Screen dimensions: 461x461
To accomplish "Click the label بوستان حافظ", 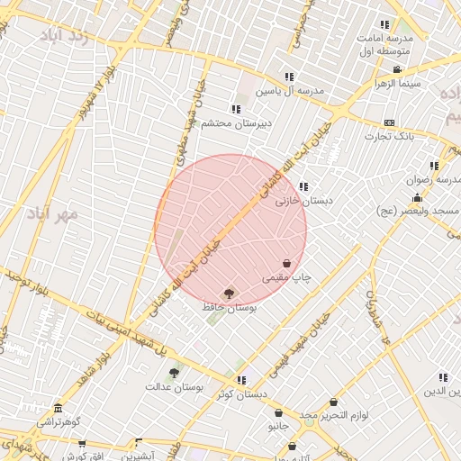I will point(228,308).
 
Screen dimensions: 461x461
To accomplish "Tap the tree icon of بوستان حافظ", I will point(228,293).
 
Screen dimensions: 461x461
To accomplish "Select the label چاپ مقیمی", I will point(286,278).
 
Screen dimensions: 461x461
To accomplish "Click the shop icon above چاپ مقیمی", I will point(286,263).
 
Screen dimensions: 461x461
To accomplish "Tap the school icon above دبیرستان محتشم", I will point(236,109).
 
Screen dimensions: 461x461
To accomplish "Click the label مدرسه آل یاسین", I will point(288,92).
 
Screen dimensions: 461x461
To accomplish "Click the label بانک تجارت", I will point(388,137).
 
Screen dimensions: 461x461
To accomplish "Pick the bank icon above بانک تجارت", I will point(389,122).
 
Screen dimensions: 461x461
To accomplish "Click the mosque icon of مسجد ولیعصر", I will point(416,197).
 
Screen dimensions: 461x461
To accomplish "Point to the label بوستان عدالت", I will point(174,386).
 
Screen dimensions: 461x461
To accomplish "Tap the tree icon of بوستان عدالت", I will point(174,371).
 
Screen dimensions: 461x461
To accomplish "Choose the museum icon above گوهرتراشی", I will point(59,408).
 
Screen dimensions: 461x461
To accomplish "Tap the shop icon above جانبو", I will point(278,413).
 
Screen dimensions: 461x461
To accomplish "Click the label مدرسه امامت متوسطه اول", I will point(384,45).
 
